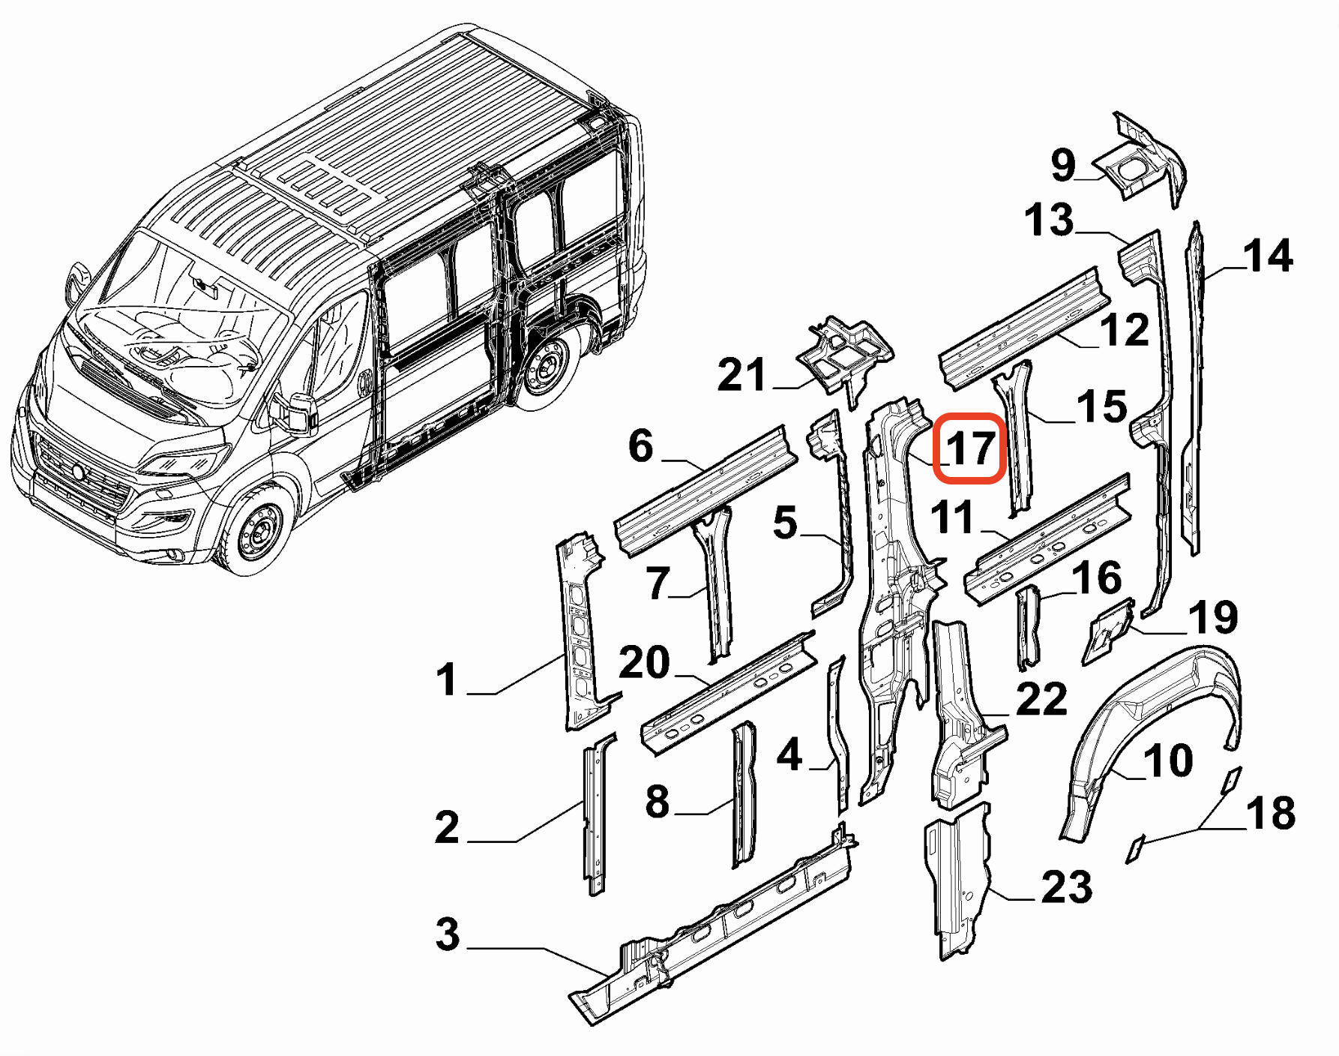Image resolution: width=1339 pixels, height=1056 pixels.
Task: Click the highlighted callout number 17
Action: [971, 448]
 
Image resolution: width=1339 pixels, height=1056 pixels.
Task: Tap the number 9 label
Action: [1063, 165]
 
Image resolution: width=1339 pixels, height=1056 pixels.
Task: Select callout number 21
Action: [741, 375]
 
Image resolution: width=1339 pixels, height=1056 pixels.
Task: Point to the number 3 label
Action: [448, 934]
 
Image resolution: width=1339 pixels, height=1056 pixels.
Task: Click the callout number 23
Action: [1066, 887]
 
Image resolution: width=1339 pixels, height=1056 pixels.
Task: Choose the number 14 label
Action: [1268, 256]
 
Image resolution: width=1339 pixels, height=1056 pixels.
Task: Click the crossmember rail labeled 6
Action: [705, 491]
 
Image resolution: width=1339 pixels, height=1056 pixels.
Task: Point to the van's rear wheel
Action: [546, 367]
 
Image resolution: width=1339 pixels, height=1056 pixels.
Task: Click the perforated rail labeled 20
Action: [727, 694]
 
